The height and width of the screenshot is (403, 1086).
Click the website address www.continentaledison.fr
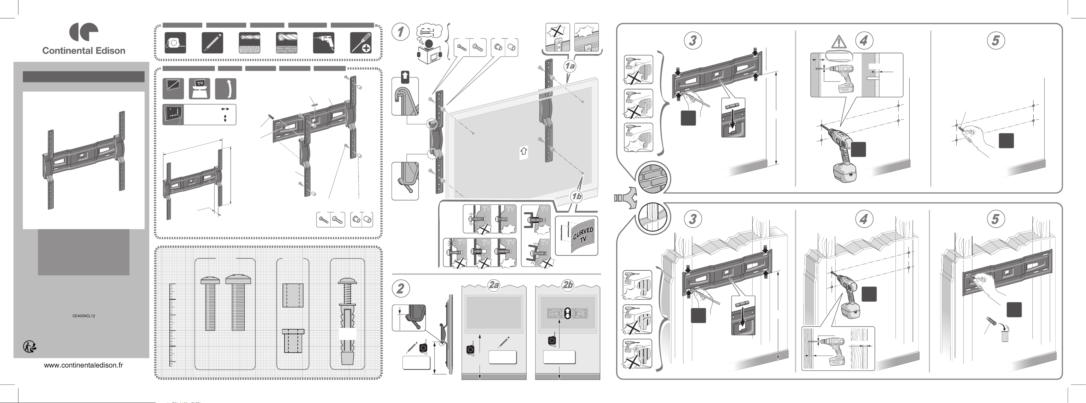tap(83, 365)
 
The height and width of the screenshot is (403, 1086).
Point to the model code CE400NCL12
tap(83, 316)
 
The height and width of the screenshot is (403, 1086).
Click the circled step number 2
tap(401, 289)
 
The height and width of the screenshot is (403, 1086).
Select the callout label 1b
tap(576, 196)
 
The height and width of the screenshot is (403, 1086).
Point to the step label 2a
tap(494, 285)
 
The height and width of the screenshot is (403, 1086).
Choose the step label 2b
tap(567, 285)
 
